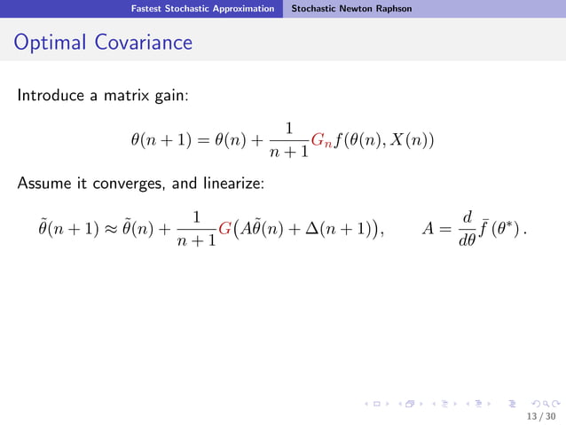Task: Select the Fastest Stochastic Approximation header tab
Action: (202, 9)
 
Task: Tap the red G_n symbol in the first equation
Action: (322, 140)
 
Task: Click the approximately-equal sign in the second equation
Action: (105, 230)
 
